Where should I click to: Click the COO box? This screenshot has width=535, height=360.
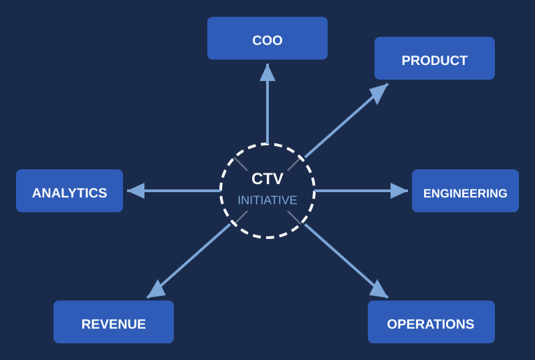pos(267,38)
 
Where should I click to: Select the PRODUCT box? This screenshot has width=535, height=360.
pos(435,58)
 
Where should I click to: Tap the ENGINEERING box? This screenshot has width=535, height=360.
pos(465,191)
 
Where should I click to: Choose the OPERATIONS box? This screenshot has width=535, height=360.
pos(431,322)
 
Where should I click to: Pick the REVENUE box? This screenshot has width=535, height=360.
pos(114,322)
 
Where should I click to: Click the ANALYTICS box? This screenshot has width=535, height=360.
pos(70,191)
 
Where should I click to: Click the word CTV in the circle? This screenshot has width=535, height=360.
pos(267,179)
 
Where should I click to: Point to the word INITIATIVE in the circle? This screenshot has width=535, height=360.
pos(267,200)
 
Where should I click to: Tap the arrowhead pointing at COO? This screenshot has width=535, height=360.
pos(267,72)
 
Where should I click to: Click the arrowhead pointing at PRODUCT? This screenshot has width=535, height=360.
pos(379,92)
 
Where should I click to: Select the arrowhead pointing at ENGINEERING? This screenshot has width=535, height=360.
pos(399,191)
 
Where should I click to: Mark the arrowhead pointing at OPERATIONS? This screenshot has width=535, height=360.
pos(379,290)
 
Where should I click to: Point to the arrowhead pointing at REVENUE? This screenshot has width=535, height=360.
pos(156,290)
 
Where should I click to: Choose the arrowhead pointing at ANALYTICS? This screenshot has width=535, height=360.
pos(136,191)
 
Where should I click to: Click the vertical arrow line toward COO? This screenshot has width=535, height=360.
pos(267,110)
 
